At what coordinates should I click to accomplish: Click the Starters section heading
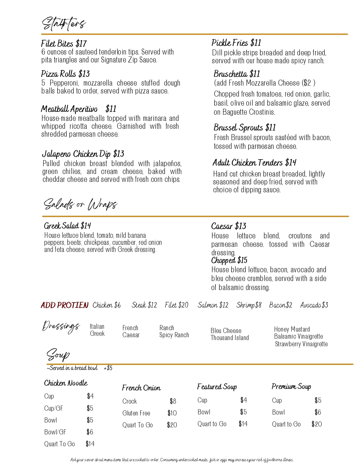click(x=64, y=23)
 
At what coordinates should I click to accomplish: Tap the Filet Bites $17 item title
click(x=64, y=43)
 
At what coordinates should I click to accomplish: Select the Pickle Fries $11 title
click(x=236, y=43)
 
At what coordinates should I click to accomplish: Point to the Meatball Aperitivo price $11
click(x=111, y=109)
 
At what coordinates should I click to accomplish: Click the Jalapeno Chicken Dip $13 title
click(x=83, y=154)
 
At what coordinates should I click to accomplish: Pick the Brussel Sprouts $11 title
click(x=245, y=128)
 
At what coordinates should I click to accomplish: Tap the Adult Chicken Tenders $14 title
click(x=254, y=163)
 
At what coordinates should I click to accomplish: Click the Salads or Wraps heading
click(x=80, y=204)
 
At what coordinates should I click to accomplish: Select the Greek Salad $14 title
click(x=67, y=226)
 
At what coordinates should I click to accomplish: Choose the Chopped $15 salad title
click(x=229, y=260)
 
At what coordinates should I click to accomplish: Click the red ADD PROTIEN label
click(x=64, y=305)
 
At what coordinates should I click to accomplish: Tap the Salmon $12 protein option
click(x=213, y=305)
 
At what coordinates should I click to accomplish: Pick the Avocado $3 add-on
click(x=314, y=305)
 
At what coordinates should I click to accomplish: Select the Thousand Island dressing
click(x=230, y=338)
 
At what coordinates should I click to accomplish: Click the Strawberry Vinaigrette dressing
click(x=301, y=344)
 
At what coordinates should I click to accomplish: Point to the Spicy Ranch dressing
click(x=174, y=335)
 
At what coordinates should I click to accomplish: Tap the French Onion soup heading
click(x=141, y=388)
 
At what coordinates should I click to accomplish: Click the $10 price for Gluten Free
click(x=172, y=413)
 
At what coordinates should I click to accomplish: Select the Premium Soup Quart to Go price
click(x=317, y=424)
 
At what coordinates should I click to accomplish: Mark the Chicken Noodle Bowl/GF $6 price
click(x=90, y=432)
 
